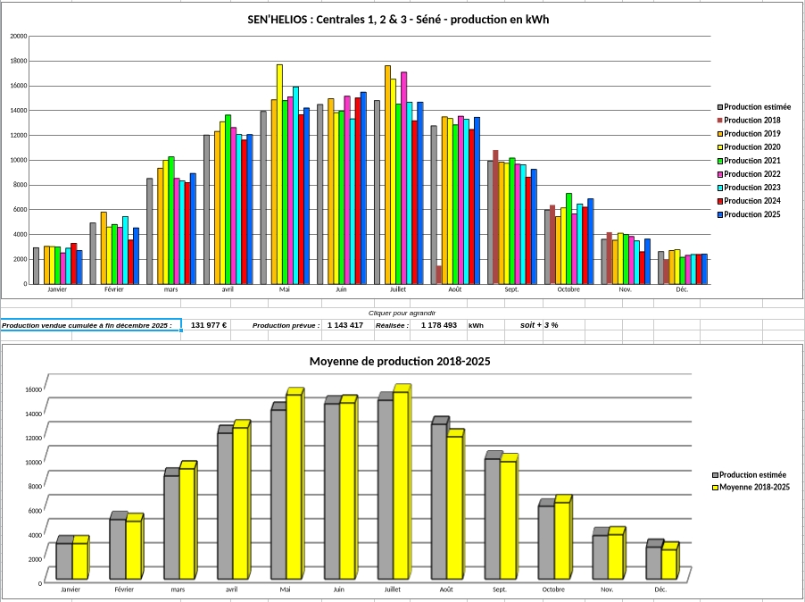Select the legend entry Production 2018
pos(752,121)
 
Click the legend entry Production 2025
pos(752,214)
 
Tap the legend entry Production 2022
pos(752,174)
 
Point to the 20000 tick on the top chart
pos(18,37)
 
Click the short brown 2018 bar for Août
pos(439,274)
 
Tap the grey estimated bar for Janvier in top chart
pos(36,265)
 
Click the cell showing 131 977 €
pos(209,325)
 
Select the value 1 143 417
pos(344,325)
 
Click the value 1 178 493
pos(438,325)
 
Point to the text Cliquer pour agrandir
pos(402,314)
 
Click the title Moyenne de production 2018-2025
pos(400,362)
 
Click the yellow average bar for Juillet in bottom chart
pos(401,482)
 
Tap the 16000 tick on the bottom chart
pos(33,389)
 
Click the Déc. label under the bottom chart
pos(660,590)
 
